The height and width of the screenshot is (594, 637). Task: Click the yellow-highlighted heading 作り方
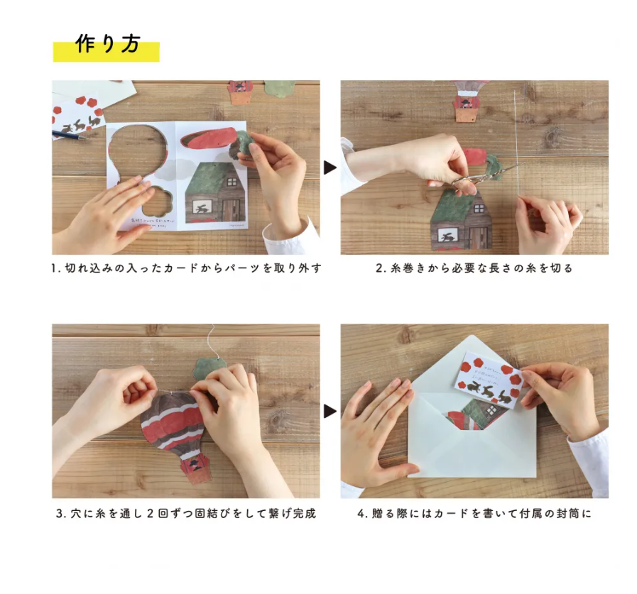(x=107, y=45)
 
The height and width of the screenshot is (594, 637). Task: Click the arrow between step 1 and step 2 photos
(x=330, y=167)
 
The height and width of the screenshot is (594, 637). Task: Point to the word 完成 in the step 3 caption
(x=304, y=513)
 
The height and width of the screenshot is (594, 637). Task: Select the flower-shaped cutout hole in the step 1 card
(x=160, y=201)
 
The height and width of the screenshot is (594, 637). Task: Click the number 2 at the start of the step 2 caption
(x=379, y=268)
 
